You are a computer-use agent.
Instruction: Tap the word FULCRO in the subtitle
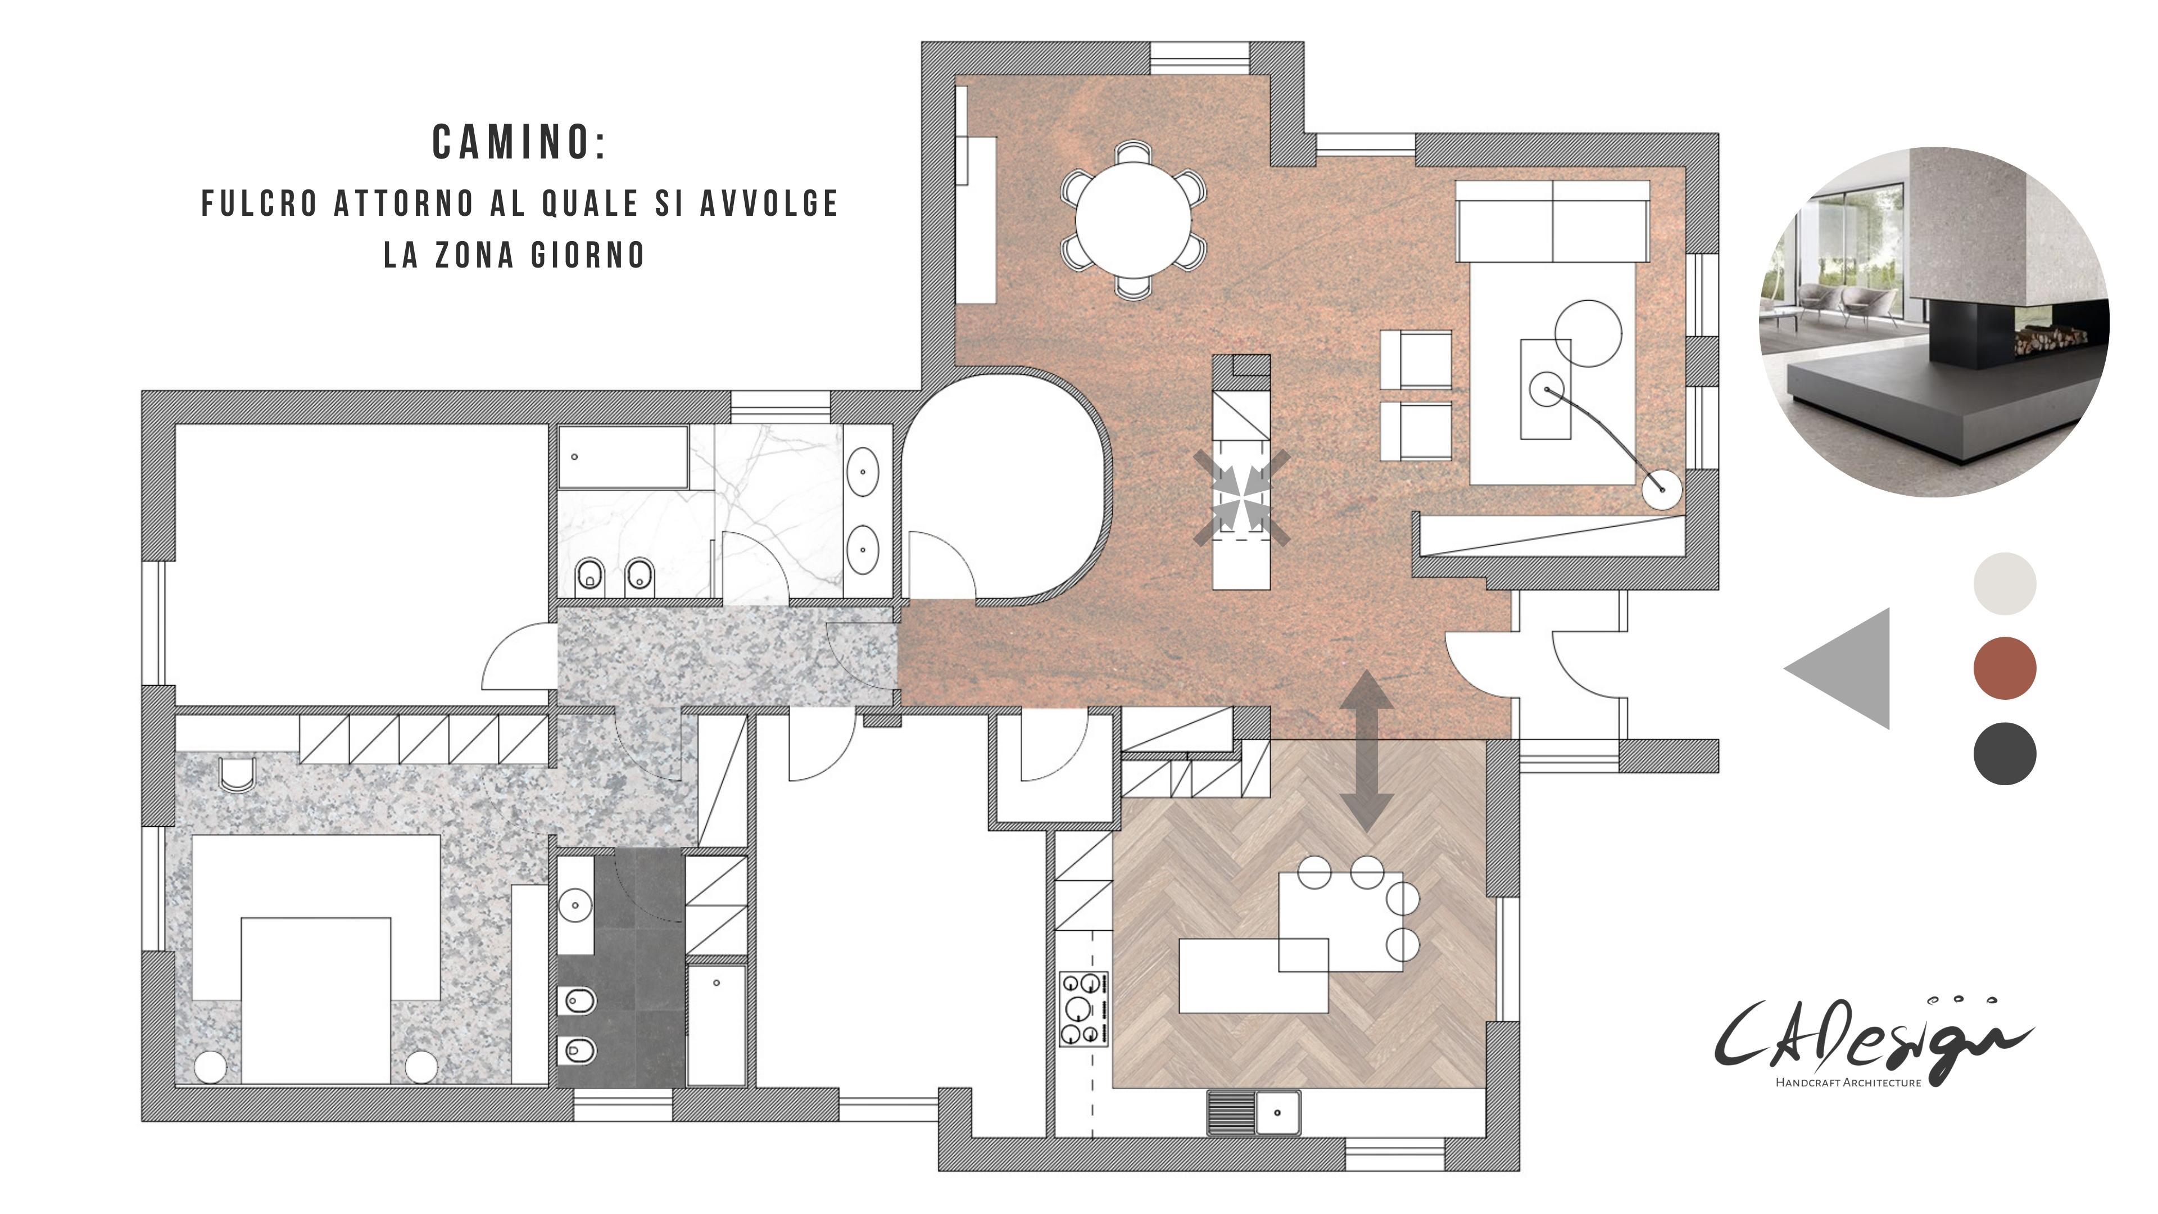tap(260, 203)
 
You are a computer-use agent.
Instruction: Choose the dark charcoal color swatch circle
tap(2004, 753)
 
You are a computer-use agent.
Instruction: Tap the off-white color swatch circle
tap(2004, 583)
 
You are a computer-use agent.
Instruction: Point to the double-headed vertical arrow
tap(1366, 751)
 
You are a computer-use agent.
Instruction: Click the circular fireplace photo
tap(1933, 323)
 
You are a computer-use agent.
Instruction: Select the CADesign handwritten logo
tap(1873, 1035)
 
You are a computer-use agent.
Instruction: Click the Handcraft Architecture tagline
tap(1848, 1082)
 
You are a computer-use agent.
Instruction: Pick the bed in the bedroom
tap(316, 1000)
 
